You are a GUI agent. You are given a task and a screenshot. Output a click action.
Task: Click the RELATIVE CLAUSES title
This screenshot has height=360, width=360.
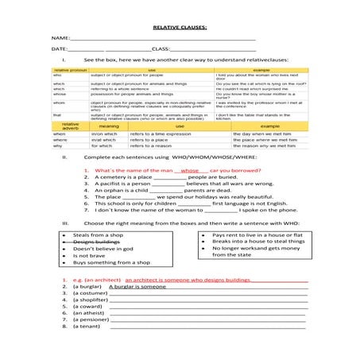[180, 26]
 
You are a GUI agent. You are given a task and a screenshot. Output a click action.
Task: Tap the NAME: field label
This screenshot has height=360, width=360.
[60, 37]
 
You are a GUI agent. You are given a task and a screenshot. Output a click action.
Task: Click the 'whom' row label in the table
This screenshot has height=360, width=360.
[58, 102]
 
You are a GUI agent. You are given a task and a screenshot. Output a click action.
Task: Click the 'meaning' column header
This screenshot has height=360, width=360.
[109, 126]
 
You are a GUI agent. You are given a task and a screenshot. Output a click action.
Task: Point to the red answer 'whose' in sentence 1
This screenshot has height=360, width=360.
[190, 171]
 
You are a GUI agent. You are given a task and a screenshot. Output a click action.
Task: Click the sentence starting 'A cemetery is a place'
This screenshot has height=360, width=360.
[159, 177]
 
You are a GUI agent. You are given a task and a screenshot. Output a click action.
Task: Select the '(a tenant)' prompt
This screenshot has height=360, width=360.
[80, 327]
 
